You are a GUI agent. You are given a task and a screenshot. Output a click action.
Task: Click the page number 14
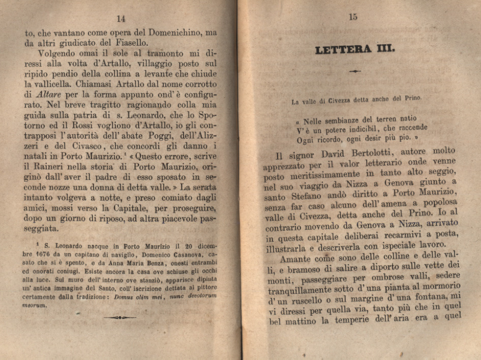[x=121, y=19]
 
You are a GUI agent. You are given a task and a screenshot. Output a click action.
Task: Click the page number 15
[x=353, y=17]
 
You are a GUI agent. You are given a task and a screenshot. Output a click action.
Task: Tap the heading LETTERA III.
[x=354, y=49]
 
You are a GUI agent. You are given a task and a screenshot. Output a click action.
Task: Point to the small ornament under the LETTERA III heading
[x=355, y=71]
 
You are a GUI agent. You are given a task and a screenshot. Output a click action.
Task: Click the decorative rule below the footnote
[x=120, y=317]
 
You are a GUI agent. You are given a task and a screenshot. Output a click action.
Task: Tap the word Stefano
[x=296, y=195]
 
